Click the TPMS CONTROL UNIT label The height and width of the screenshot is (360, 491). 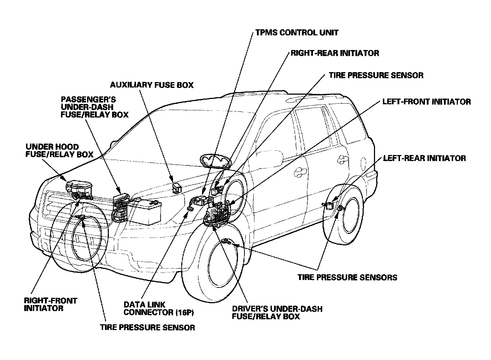(x=297, y=32)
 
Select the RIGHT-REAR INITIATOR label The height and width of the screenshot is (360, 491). (x=335, y=53)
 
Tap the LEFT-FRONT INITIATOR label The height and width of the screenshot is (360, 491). (x=426, y=102)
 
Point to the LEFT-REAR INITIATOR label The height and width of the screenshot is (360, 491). (x=424, y=158)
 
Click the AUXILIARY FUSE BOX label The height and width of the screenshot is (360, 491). (x=152, y=85)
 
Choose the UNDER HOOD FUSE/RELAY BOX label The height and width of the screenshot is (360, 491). (x=59, y=151)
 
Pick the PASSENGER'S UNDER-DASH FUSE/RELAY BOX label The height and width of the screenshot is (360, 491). (x=94, y=106)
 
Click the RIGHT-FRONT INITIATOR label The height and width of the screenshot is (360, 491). (x=50, y=304)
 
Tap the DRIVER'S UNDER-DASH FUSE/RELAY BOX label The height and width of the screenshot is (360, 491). (x=277, y=312)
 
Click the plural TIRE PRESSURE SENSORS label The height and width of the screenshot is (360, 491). (x=347, y=277)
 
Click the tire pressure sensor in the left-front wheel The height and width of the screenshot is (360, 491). (x=226, y=241)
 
